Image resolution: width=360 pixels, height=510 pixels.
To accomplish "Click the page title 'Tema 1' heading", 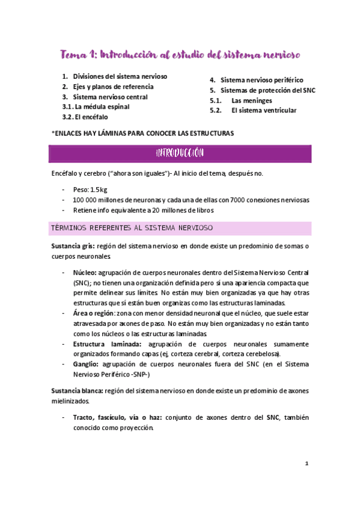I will point(180,55).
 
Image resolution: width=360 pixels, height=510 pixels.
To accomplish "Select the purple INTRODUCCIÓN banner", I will point(180,154).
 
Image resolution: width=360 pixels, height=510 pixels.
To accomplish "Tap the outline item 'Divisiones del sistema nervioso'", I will point(120,77).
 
